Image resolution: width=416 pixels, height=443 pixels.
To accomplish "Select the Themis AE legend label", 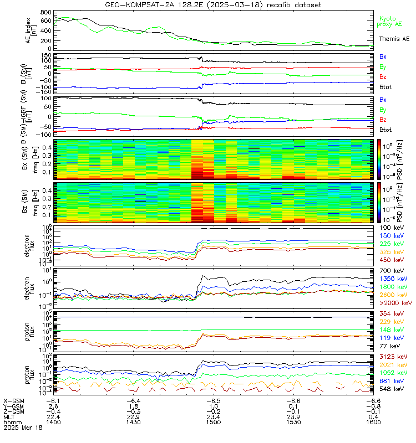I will click(x=394, y=39).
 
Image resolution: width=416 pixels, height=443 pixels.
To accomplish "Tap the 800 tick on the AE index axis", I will click(x=46, y=12).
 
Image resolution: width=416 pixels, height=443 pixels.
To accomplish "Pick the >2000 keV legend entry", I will click(x=395, y=303).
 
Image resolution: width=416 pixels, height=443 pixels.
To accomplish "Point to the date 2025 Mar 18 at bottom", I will click(x=22, y=427).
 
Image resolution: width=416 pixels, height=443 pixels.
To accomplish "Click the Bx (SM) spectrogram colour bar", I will click(x=379, y=158).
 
